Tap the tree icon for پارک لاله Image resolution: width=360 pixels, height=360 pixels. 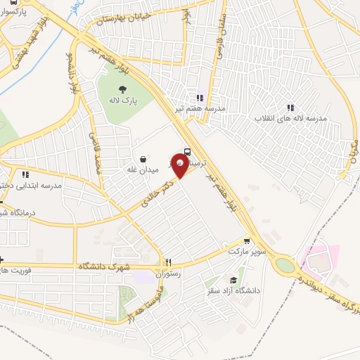tap(123, 89)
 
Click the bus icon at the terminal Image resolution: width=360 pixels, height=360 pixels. tap(187, 151)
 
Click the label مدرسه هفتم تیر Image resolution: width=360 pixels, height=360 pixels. tap(200, 108)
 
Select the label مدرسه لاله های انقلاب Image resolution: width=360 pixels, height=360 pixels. tap(290, 119)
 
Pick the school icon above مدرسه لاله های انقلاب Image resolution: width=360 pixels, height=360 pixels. tap(290, 108)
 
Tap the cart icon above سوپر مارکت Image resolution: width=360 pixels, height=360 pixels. tap(245, 240)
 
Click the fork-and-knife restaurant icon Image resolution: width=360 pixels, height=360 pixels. tap(169, 262)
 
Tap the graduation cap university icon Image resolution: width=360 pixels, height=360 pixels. tap(233, 280)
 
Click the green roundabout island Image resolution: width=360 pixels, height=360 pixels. tap(285, 265)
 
